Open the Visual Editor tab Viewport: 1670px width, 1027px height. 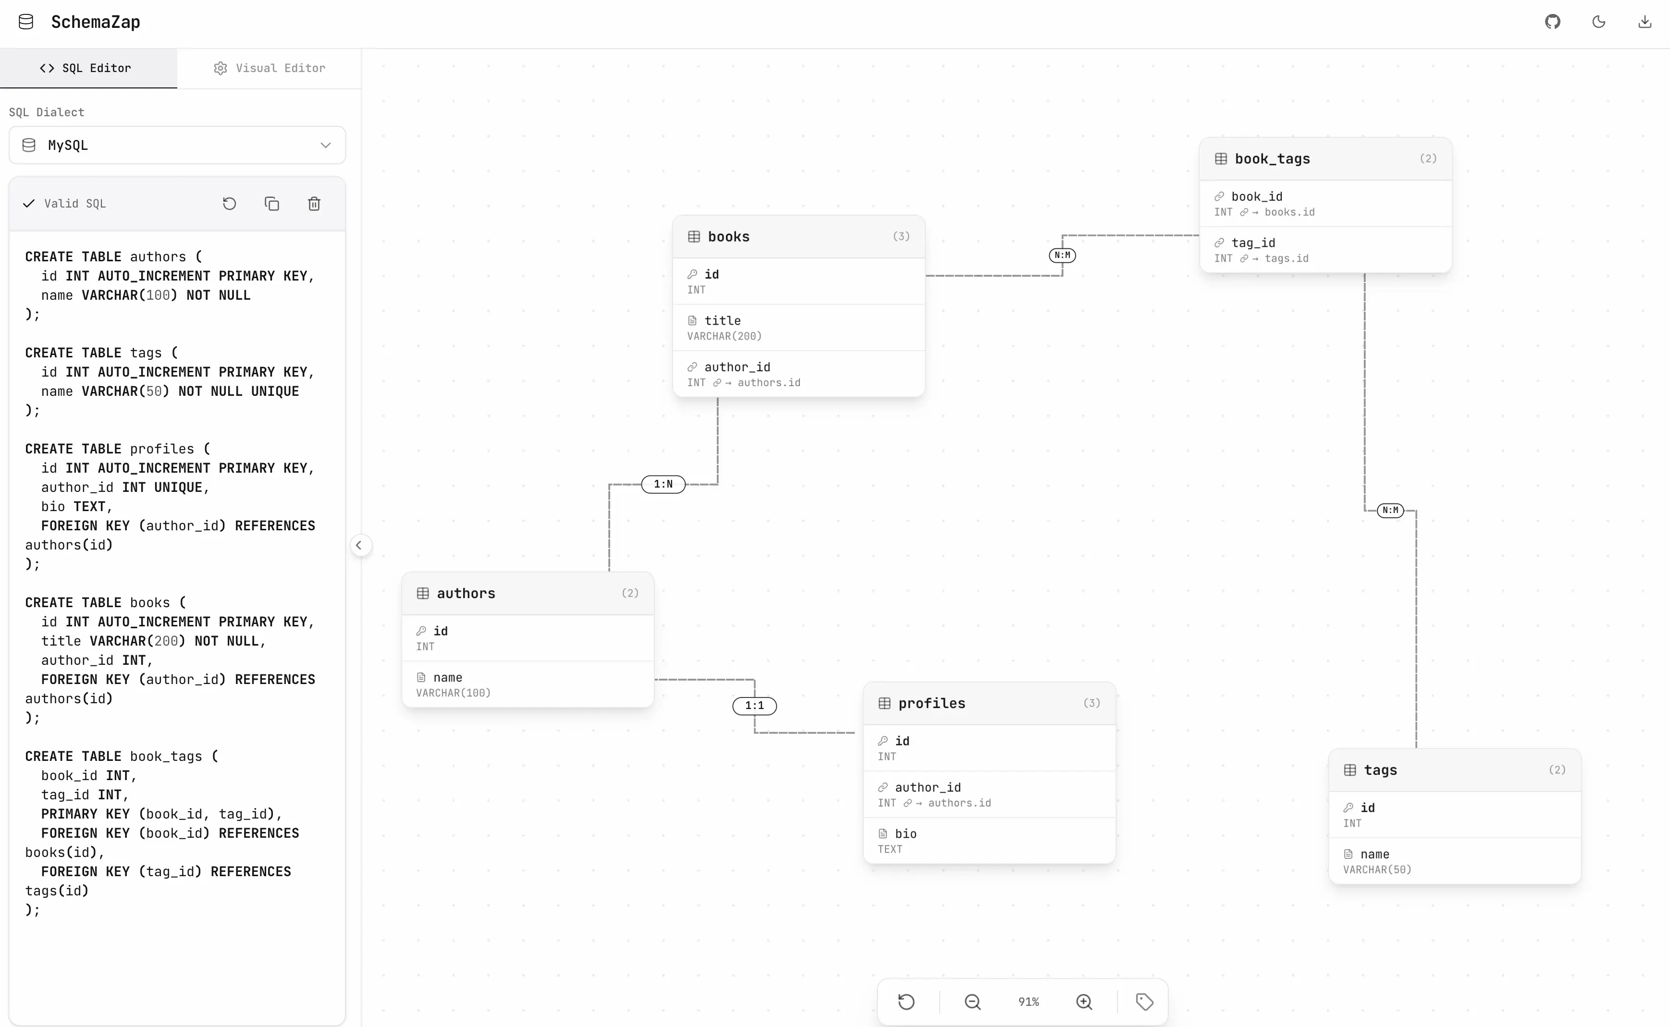[x=270, y=68]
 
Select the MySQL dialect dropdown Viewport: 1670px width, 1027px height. [x=177, y=146]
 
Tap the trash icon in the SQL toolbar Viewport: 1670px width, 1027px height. [x=314, y=204]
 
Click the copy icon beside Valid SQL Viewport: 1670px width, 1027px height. [x=271, y=204]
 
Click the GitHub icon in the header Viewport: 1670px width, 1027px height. [x=1552, y=22]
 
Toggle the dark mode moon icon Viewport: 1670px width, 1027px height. [x=1599, y=22]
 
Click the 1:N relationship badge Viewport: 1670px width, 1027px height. [x=663, y=484]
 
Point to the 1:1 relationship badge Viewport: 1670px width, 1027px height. [x=754, y=706]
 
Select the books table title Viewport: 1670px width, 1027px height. [x=729, y=236]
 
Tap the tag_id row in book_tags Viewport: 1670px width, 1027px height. [x=1326, y=250]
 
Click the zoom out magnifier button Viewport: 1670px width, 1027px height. [x=972, y=1002]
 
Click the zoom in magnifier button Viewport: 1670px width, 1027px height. [x=1084, y=1002]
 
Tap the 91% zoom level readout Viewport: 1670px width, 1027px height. [x=1028, y=1002]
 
